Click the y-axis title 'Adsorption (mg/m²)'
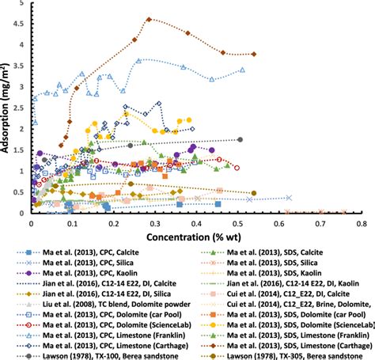pyautogui.click(x=7, y=108)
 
